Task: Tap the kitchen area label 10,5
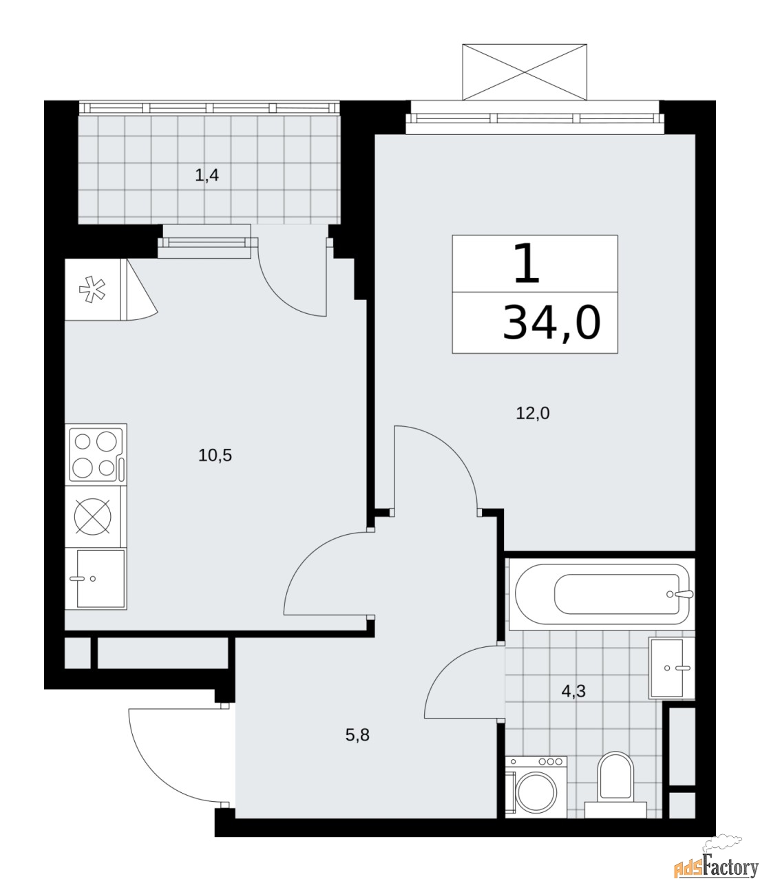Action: (x=215, y=455)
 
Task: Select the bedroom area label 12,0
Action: (x=533, y=414)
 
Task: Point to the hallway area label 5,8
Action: (x=357, y=735)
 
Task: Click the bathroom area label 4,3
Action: (x=573, y=691)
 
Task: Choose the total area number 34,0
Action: (x=551, y=323)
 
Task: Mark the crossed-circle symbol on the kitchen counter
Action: (x=93, y=516)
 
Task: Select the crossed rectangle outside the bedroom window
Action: (x=525, y=72)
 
